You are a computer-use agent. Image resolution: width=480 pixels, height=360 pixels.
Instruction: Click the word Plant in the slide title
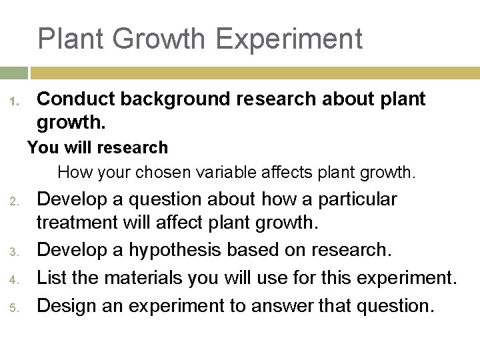pyautogui.click(x=71, y=39)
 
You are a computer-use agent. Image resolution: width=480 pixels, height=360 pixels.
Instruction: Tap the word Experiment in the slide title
pyautogui.click(x=289, y=39)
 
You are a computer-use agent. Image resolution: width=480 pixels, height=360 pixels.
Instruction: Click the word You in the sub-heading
pyautogui.click(x=39, y=147)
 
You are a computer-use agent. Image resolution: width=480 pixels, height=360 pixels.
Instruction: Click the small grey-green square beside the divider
pyautogui.click(x=13, y=73)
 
